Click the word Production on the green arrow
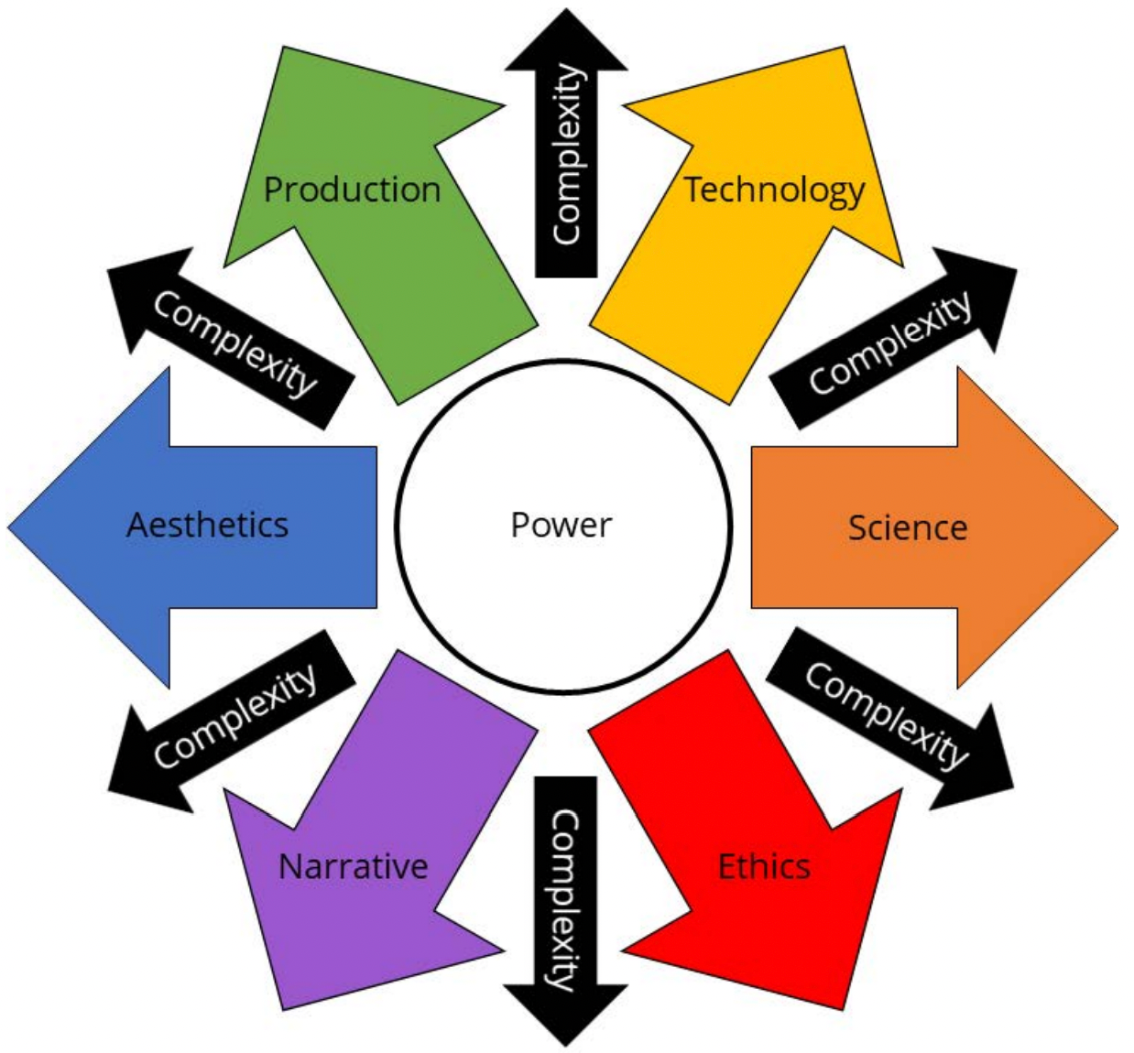click(353, 190)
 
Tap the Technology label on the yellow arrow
click(775, 190)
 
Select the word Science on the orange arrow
click(908, 527)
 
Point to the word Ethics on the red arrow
click(764, 866)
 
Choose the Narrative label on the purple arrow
click(354, 866)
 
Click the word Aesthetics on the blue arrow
click(207, 525)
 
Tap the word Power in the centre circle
click(562, 525)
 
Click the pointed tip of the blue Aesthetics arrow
click(8, 527)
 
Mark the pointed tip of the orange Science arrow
click(1118, 527)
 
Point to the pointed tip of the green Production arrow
click(284, 47)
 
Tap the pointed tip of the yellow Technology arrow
click(844, 47)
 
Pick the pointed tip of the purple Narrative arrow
click(284, 1010)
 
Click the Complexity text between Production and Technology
click(567, 154)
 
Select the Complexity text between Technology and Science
click(889, 342)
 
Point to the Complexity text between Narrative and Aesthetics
click(234, 715)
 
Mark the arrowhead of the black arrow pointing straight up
click(566, 40)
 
